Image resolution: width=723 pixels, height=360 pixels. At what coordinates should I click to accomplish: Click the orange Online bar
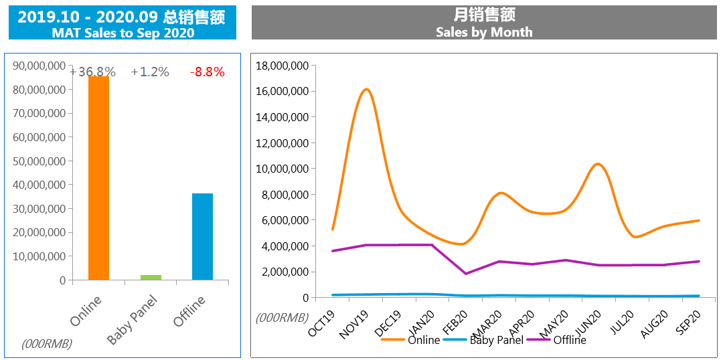tap(98, 178)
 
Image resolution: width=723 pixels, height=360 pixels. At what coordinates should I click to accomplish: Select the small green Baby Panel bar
tap(151, 277)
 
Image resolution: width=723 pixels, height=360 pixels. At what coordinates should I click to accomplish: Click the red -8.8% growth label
tap(207, 72)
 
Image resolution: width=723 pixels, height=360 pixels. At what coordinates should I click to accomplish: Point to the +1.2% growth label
tap(150, 72)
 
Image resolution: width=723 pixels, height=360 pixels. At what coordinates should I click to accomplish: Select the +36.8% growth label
tap(93, 72)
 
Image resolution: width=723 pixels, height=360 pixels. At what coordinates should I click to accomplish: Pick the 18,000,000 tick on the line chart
tap(282, 66)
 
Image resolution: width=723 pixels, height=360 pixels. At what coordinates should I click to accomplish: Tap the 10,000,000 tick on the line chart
tap(282, 169)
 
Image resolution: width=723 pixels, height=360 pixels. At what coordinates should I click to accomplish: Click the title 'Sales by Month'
tap(484, 31)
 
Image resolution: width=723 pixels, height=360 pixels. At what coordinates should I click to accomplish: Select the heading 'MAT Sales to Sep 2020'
tap(123, 33)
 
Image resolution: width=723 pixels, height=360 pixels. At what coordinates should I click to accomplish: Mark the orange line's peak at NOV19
tap(366, 89)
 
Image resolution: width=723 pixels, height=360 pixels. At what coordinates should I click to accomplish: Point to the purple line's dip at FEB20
tap(465, 274)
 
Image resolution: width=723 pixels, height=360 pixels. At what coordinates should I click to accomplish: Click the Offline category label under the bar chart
tap(190, 311)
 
